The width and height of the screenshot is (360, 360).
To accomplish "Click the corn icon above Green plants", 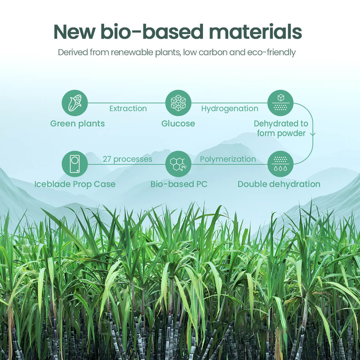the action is (75, 103).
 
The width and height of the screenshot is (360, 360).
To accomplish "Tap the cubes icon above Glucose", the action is (178, 103).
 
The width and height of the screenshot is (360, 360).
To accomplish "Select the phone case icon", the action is (75, 164).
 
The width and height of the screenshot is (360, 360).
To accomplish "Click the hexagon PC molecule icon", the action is (178, 164).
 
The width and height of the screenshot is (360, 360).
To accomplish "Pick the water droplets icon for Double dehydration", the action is (280, 164).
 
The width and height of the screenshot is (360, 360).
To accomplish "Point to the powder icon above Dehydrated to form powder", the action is (280, 103).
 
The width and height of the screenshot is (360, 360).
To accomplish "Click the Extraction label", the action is (128, 108).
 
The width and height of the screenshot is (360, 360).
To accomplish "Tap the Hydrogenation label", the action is (230, 109).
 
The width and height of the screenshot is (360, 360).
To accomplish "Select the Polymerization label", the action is (228, 159).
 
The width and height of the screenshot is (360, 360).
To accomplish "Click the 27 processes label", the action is (127, 159).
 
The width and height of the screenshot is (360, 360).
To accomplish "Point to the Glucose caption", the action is (178, 123).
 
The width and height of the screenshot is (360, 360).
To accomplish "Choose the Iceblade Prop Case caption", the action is (75, 184).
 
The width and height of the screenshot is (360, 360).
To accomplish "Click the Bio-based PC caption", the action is (179, 184).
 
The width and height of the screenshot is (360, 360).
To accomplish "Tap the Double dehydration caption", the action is (279, 184).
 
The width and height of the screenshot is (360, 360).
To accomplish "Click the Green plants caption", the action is (77, 124).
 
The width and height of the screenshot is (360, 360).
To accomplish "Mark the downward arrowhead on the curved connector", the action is (313, 134).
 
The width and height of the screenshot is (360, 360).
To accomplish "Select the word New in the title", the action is (74, 32).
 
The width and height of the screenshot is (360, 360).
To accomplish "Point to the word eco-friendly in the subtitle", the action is (271, 53).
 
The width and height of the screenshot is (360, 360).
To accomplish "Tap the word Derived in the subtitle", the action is (73, 52).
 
